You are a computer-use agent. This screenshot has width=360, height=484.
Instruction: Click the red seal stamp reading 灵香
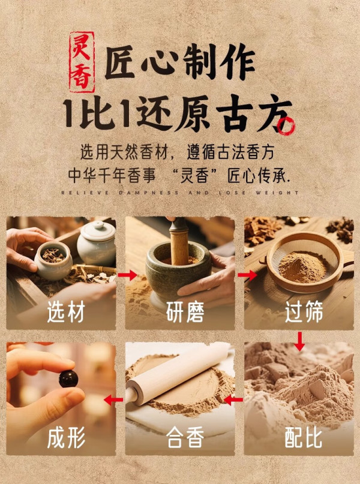(x=82, y=62)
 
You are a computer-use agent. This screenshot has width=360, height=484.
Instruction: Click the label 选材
(x=66, y=312)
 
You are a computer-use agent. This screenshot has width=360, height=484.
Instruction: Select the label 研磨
(x=185, y=312)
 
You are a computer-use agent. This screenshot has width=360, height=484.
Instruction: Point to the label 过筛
(x=304, y=312)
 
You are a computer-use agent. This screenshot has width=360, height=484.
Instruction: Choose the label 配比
(x=304, y=437)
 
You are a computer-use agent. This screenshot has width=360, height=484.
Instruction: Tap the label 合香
(x=185, y=437)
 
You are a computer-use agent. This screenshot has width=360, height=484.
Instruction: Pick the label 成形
(x=66, y=437)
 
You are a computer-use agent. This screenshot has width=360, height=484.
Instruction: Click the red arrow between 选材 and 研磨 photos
(x=127, y=275)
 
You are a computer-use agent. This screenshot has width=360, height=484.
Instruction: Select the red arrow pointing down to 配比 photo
(x=299, y=341)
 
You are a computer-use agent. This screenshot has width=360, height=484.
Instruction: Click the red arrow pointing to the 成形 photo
(x=113, y=400)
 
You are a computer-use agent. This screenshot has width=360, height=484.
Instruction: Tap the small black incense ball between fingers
(x=68, y=378)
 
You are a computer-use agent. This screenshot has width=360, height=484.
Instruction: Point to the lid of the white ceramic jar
(x=97, y=229)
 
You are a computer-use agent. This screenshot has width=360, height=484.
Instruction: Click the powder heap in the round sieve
(x=303, y=266)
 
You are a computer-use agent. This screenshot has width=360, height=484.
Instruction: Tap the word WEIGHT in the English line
(x=277, y=193)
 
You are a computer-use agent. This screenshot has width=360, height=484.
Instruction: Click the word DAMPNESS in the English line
(x=149, y=193)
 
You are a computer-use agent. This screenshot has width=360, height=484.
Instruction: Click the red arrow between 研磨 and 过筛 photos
(x=247, y=275)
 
